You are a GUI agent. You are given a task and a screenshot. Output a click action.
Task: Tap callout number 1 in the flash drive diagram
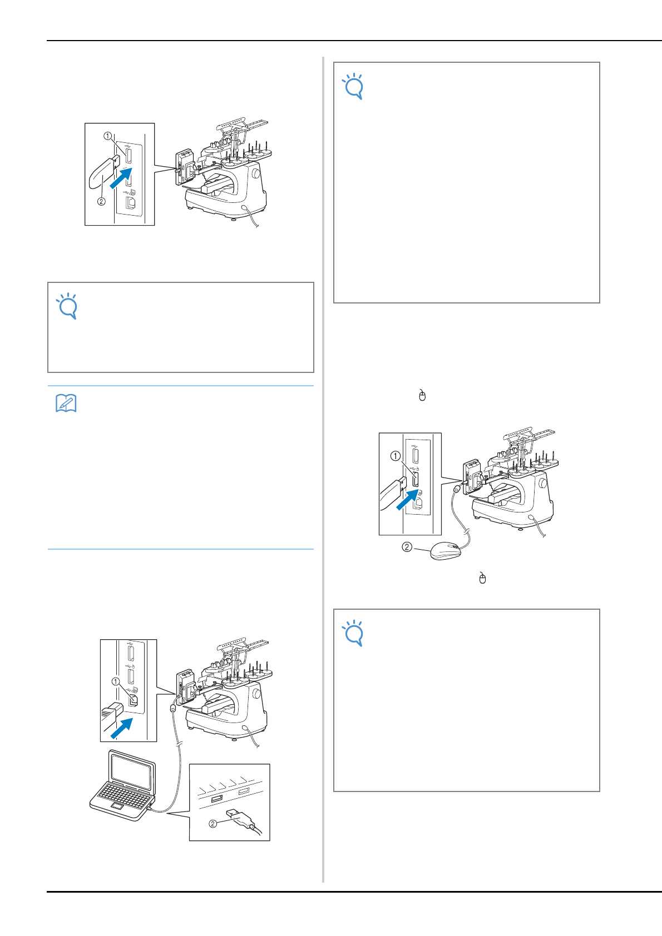(107, 136)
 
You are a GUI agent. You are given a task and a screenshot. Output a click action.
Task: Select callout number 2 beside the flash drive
(101, 201)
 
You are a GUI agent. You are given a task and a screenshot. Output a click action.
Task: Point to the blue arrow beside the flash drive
(121, 178)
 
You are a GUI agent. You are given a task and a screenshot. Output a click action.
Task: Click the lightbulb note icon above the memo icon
(67, 306)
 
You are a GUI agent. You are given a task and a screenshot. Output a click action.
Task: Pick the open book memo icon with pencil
(66, 403)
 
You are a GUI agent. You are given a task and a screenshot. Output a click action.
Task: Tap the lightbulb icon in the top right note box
(353, 87)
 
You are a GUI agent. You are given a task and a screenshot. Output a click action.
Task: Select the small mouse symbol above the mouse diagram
(422, 395)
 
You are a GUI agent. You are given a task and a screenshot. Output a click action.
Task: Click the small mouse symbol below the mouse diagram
(483, 578)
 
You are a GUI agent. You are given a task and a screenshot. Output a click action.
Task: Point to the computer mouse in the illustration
(446, 551)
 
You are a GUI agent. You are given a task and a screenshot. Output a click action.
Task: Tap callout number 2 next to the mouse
(407, 547)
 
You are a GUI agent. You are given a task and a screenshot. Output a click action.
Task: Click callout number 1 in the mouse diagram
(395, 456)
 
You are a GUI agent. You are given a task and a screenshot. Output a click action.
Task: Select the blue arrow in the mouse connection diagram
(407, 500)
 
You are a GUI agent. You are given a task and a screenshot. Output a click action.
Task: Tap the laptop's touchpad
(117, 805)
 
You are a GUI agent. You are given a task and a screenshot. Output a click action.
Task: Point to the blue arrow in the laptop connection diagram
(122, 728)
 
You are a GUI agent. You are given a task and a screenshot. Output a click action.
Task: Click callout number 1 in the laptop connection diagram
(116, 682)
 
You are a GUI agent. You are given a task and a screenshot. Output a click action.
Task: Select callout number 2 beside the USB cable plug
(213, 824)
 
